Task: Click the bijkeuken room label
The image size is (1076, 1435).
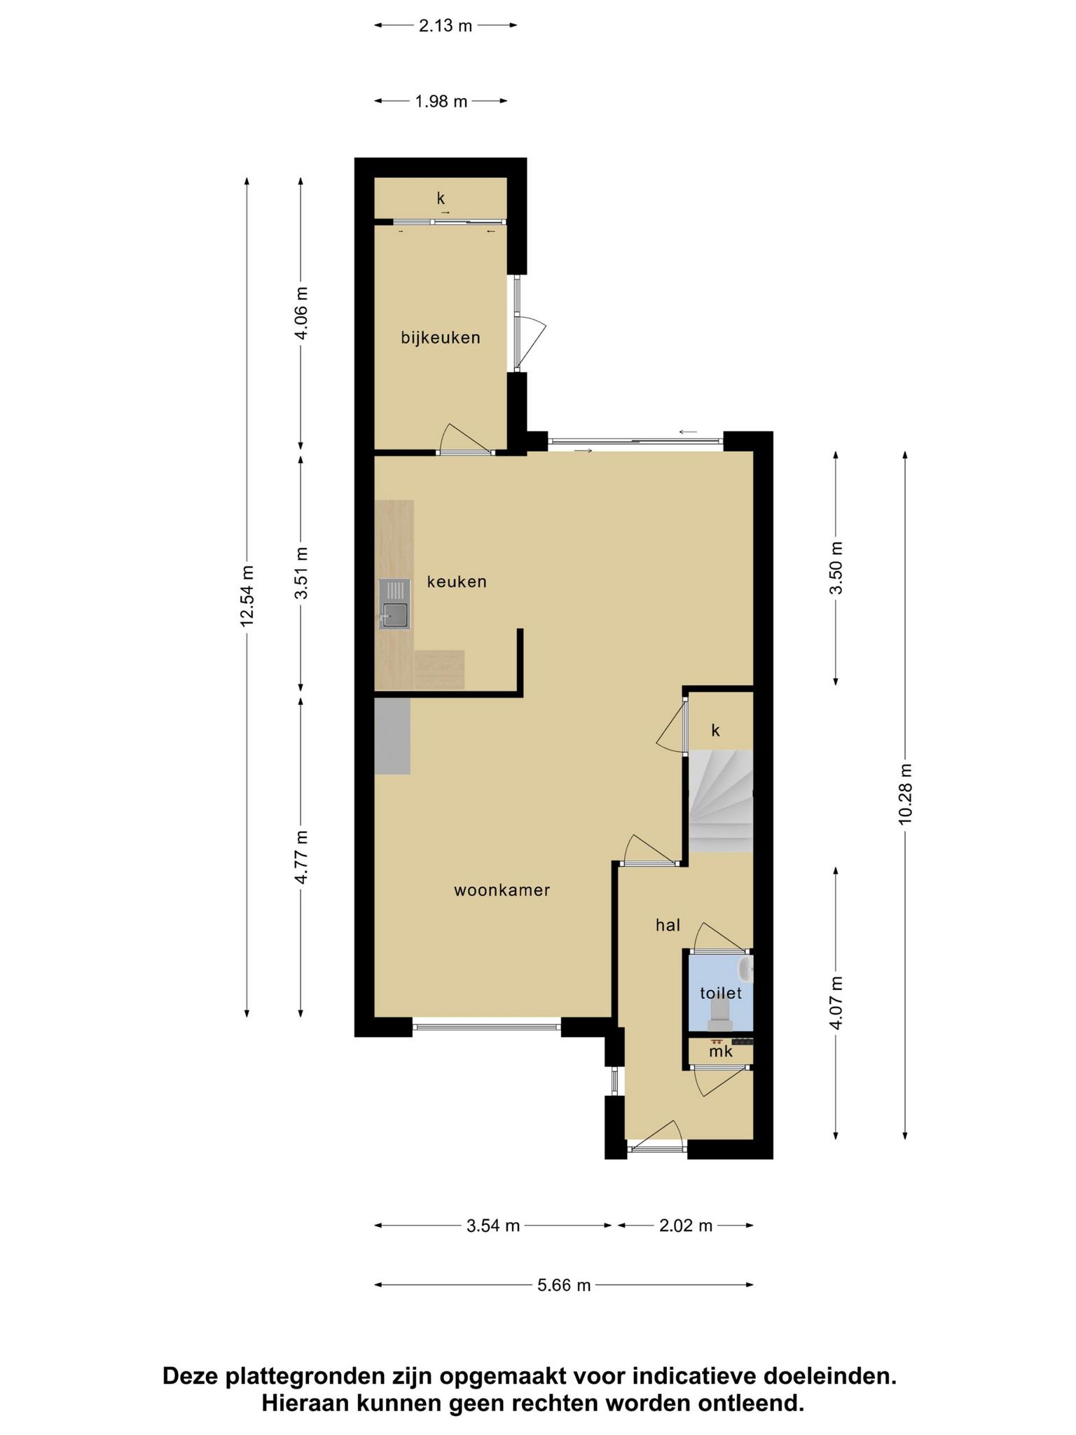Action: (x=441, y=338)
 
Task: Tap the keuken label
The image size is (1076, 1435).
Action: (x=457, y=582)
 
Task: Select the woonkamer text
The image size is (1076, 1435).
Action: (x=502, y=891)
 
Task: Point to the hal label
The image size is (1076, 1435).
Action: (x=668, y=925)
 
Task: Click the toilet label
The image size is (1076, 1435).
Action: (x=721, y=993)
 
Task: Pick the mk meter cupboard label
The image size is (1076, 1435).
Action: (x=720, y=1052)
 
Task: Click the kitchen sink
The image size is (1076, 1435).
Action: (x=394, y=604)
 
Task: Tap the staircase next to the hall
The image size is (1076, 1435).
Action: (x=721, y=801)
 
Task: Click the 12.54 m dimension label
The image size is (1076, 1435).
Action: (x=247, y=596)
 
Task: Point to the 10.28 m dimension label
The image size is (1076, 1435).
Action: (x=906, y=794)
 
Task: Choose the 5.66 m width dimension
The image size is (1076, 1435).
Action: (x=564, y=1285)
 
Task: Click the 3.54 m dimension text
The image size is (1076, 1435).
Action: (x=493, y=1225)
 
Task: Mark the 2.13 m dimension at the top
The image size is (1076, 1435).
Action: (x=446, y=26)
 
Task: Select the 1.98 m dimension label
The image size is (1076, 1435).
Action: (x=441, y=102)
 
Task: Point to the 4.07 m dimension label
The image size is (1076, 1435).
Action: (x=836, y=1002)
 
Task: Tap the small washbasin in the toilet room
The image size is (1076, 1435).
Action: (x=745, y=970)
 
